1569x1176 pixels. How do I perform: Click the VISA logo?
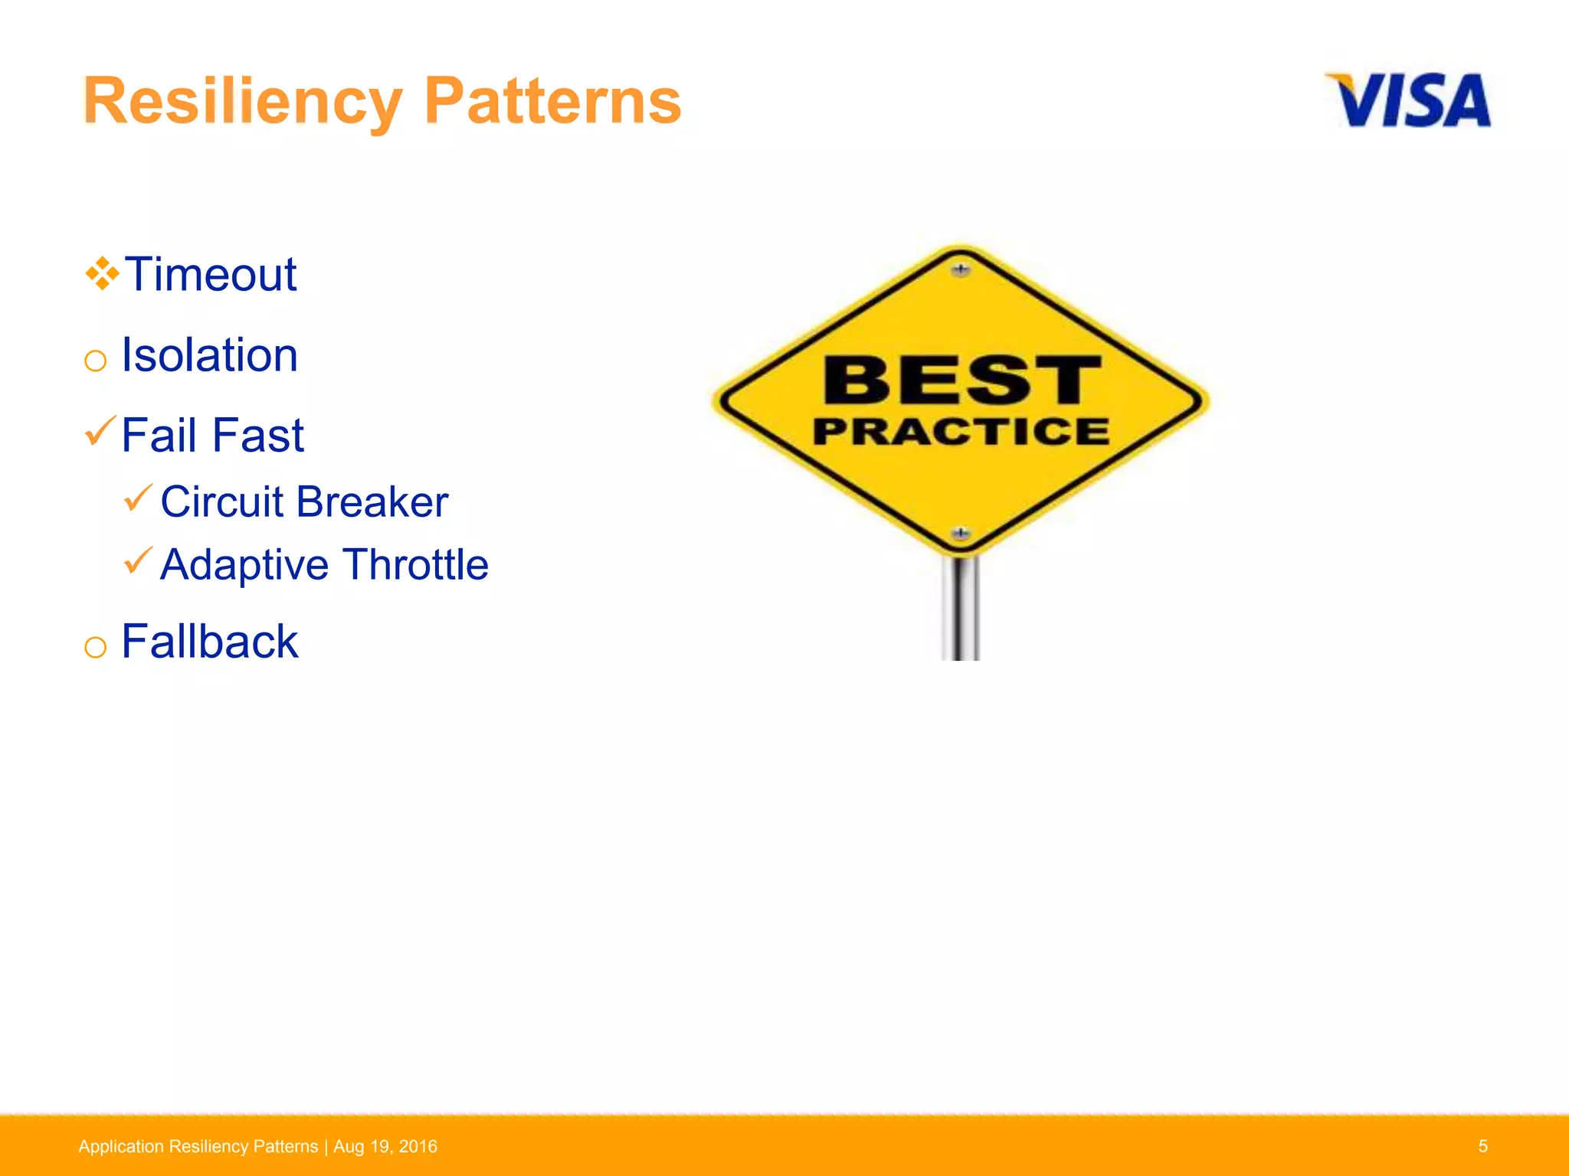tap(1408, 100)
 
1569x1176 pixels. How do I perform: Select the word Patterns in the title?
tap(552, 102)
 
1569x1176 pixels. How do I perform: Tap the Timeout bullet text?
tap(211, 274)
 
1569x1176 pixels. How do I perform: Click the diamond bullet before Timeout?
tap(102, 274)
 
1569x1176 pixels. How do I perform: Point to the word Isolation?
tap(209, 355)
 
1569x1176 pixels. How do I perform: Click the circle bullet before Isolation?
tap(95, 361)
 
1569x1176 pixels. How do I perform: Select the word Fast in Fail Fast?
tap(258, 436)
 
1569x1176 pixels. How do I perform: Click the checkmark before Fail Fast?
tap(100, 431)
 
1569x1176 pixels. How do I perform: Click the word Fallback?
tap(209, 642)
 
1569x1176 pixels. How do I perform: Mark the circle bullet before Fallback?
tap(95, 647)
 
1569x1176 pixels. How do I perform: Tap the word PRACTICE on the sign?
tap(961, 431)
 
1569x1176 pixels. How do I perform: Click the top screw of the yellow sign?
tap(961, 269)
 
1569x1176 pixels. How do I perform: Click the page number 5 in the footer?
tap(1482, 1146)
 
